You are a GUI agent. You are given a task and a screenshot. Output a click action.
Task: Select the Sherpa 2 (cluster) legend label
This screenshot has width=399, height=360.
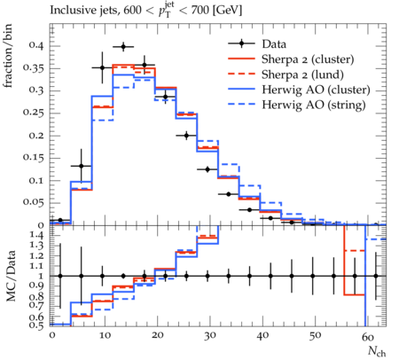[308, 59]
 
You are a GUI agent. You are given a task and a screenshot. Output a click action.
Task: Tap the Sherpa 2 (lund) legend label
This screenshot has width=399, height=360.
[302, 74]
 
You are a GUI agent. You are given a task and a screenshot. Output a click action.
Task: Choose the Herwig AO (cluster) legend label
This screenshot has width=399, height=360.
[316, 90]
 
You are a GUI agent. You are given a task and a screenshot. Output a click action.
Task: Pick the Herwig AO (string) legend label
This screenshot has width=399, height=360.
[314, 105]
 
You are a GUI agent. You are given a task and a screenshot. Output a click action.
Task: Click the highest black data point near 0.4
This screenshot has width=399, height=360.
[123, 47]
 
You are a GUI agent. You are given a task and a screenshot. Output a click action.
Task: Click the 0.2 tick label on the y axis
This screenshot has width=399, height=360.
[35, 136]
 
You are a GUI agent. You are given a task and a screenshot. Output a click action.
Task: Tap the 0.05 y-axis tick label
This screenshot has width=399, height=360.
[34, 203]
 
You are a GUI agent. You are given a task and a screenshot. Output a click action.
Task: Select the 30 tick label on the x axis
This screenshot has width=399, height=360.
[209, 336]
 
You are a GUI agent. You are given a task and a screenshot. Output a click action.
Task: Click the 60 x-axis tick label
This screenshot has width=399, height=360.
[368, 336]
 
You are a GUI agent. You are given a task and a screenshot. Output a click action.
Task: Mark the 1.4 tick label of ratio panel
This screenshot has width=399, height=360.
[37, 236]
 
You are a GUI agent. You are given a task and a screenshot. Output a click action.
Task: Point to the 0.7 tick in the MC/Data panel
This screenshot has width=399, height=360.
[37, 306]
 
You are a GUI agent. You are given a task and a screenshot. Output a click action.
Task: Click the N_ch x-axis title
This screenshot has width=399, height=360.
[377, 351]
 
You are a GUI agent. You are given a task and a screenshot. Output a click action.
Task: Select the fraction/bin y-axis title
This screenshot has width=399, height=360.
[8, 56]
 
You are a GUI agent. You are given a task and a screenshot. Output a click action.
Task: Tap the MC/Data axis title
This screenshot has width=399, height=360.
[11, 276]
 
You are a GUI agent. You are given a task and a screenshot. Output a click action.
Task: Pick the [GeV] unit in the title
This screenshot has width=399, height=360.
[226, 11]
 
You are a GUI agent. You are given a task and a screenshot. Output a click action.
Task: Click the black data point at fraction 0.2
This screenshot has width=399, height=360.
[186, 136]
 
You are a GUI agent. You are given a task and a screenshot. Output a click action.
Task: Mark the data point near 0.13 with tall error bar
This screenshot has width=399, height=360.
[82, 166]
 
